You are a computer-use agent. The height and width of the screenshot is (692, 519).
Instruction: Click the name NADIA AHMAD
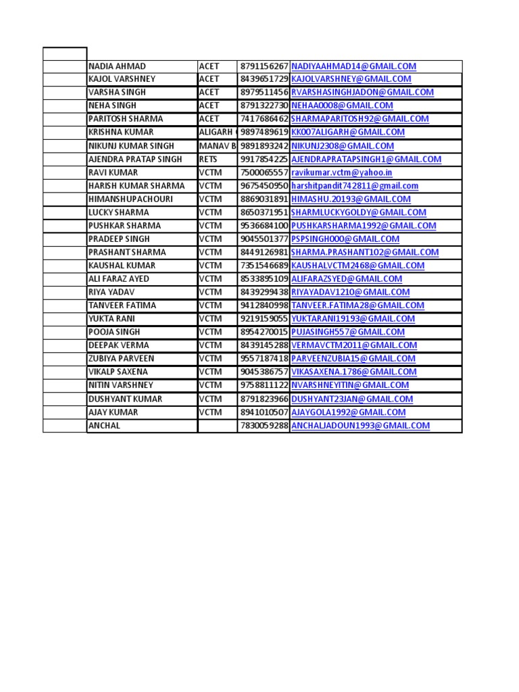(x=117, y=66)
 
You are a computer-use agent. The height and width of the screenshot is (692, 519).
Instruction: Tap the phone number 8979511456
(x=264, y=93)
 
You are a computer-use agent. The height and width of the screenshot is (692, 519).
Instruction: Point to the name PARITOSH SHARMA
(x=126, y=119)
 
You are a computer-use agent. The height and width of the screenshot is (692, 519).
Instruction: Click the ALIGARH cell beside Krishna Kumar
(x=217, y=132)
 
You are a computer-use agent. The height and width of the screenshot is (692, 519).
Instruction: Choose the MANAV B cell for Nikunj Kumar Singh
(x=217, y=146)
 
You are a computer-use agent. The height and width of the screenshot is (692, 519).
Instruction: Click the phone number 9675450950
(x=264, y=186)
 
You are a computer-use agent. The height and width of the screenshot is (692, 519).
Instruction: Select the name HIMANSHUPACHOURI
(x=130, y=199)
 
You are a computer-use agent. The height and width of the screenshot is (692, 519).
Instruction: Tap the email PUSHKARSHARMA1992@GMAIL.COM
(x=364, y=226)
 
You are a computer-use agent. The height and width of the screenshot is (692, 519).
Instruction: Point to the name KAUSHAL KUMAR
(x=122, y=266)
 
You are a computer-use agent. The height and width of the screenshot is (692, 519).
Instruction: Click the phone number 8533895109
(x=264, y=279)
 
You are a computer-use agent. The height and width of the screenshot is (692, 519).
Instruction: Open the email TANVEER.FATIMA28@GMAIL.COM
(x=357, y=305)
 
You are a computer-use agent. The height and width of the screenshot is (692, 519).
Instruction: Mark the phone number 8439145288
(x=264, y=345)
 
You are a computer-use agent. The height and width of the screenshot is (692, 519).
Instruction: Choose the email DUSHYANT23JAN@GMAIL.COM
(x=352, y=399)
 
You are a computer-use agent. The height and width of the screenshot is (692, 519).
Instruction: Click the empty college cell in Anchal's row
(x=217, y=426)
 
